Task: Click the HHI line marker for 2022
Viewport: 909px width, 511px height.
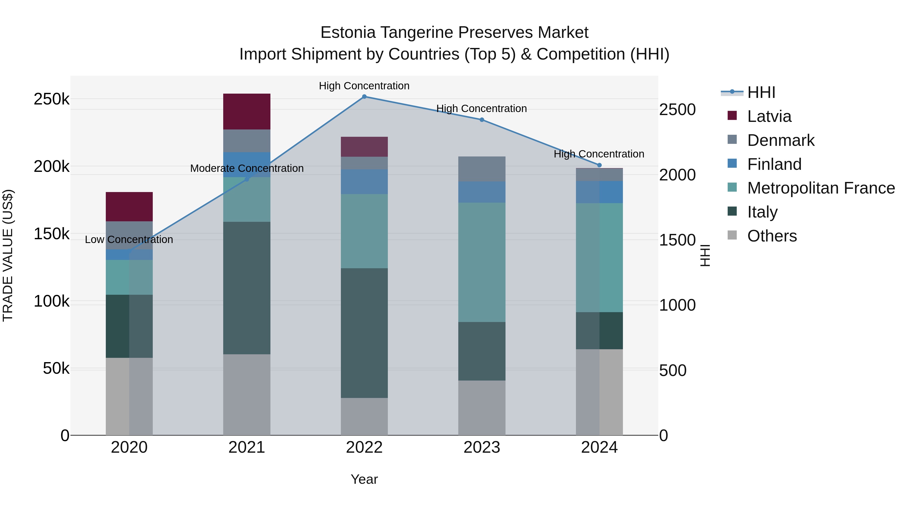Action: point(364,96)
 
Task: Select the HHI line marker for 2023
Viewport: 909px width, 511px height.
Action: point(482,120)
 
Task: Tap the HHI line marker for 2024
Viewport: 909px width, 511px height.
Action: point(599,165)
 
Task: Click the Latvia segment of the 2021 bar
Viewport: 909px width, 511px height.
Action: point(247,112)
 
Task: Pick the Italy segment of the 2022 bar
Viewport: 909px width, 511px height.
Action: point(364,333)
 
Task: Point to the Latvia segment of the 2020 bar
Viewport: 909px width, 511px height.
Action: point(129,207)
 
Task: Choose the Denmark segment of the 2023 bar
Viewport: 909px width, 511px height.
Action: point(482,169)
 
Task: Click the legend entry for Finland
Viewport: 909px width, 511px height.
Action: point(774,164)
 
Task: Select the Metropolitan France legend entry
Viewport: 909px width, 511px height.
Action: point(821,188)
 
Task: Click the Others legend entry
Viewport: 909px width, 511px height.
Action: point(772,236)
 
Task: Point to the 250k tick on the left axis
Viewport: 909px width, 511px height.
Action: point(52,99)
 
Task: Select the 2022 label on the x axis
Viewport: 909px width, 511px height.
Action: point(364,447)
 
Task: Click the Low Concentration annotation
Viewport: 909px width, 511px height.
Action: point(129,239)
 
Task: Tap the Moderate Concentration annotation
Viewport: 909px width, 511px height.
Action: point(247,168)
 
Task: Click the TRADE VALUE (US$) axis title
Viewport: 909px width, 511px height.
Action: point(8,255)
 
